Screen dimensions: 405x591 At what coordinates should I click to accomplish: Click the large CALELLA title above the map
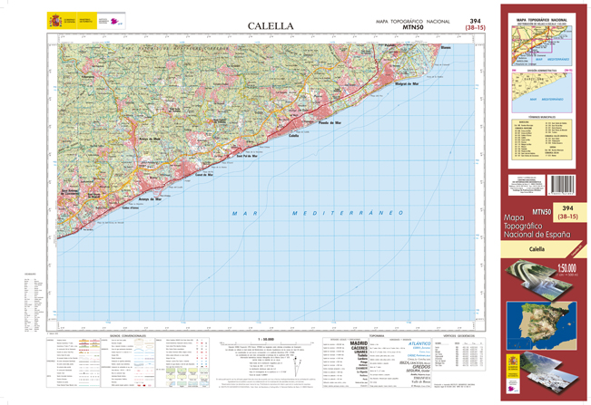270,26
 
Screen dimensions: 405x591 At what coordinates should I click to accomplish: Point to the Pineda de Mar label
330,121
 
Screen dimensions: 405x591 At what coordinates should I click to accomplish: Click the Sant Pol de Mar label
248,156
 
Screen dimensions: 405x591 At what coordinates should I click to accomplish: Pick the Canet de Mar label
203,174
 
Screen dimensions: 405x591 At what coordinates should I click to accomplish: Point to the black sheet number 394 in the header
475,20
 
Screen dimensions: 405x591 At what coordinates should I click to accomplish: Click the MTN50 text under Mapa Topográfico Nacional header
412,28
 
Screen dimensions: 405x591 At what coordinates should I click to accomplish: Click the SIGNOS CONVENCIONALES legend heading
126,334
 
